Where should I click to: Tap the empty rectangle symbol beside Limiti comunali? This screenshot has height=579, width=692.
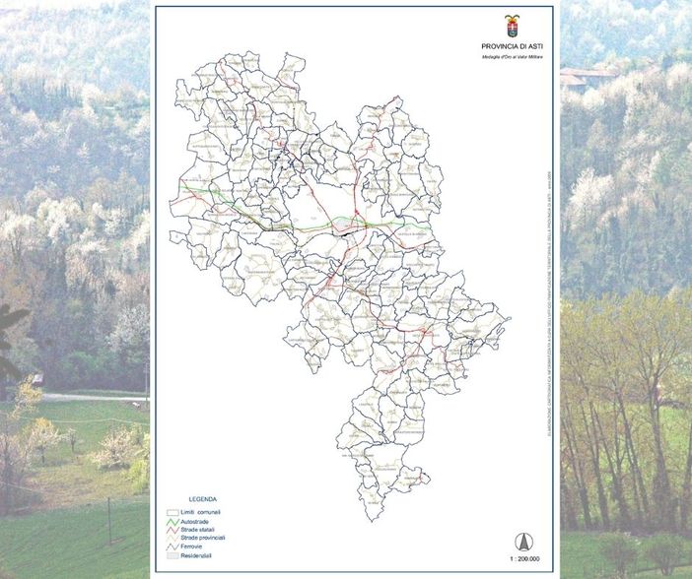[x=172, y=512]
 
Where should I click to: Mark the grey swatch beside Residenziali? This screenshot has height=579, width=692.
[x=172, y=557]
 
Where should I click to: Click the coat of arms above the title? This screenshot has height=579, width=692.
[x=512, y=26]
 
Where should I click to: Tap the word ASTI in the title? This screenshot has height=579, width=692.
[x=533, y=46]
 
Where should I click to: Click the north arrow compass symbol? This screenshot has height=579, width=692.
[x=524, y=541]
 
